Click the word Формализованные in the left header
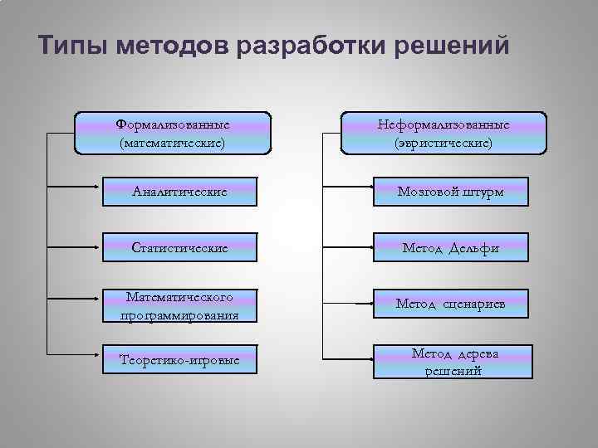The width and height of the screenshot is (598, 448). click(x=173, y=124)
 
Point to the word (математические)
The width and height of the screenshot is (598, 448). click(x=173, y=143)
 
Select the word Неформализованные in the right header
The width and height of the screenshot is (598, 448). click(x=444, y=124)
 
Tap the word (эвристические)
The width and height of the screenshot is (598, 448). click(x=444, y=143)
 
